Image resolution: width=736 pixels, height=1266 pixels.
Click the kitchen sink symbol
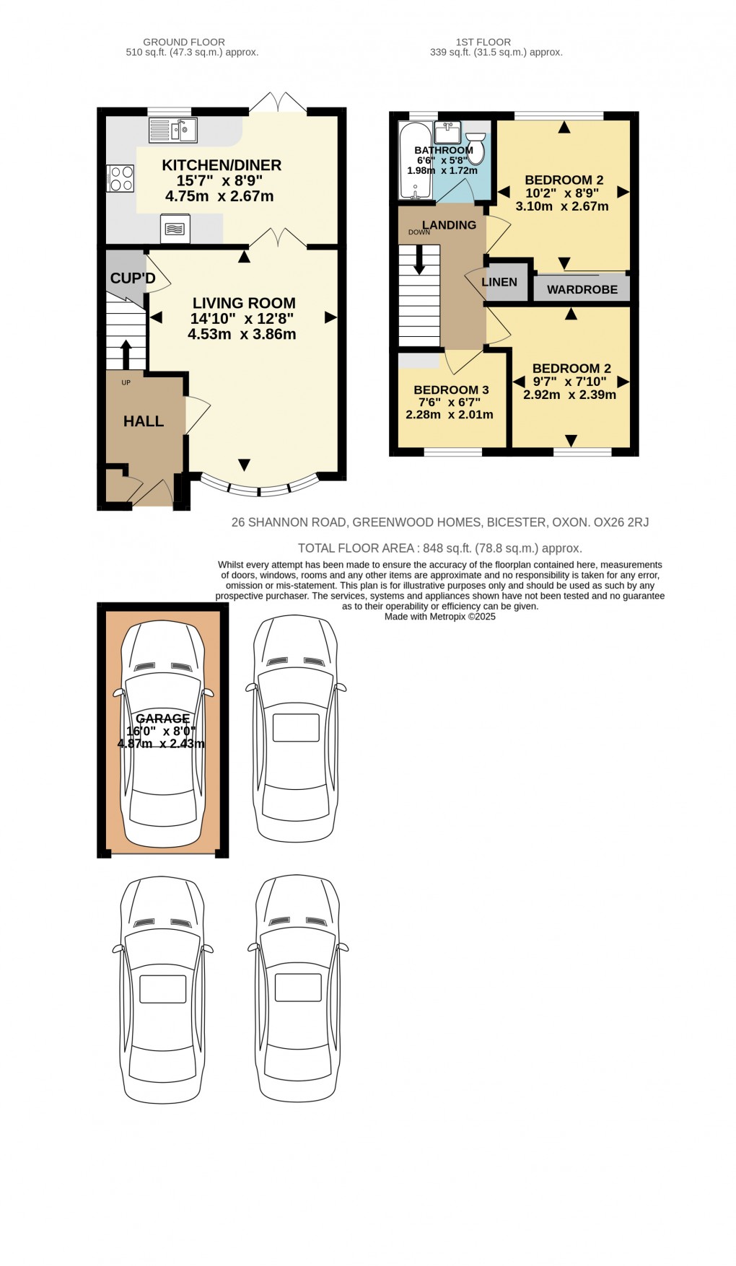(173, 130)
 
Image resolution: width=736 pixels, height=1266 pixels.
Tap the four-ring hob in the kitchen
(121, 178)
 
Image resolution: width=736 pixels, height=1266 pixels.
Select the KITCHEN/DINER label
(222, 165)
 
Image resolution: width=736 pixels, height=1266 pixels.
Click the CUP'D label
(132, 278)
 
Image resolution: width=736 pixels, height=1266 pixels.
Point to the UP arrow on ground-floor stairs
(126, 353)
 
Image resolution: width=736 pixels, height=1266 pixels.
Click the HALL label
(144, 421)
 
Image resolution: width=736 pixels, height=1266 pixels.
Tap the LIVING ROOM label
(244, 303)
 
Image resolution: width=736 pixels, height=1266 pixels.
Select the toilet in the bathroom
(476, 147)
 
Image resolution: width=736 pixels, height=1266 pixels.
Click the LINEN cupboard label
(499, 282)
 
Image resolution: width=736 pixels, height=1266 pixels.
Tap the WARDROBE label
(582, 289)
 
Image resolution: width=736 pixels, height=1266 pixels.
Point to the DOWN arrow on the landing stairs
(419, 260)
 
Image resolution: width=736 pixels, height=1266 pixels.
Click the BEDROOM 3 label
(451, 390)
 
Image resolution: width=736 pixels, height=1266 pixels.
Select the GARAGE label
(163, 718)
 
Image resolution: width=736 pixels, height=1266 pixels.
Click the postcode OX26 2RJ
(621, 522)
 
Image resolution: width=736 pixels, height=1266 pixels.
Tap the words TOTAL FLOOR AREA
(356, 548)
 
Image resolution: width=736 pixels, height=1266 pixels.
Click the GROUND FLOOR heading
(184, 42)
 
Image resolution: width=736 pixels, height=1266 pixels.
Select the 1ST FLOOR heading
(483, 42)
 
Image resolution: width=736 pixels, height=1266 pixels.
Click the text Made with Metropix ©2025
(440, 617)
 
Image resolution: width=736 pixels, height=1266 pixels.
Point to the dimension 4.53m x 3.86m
(242, 334)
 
